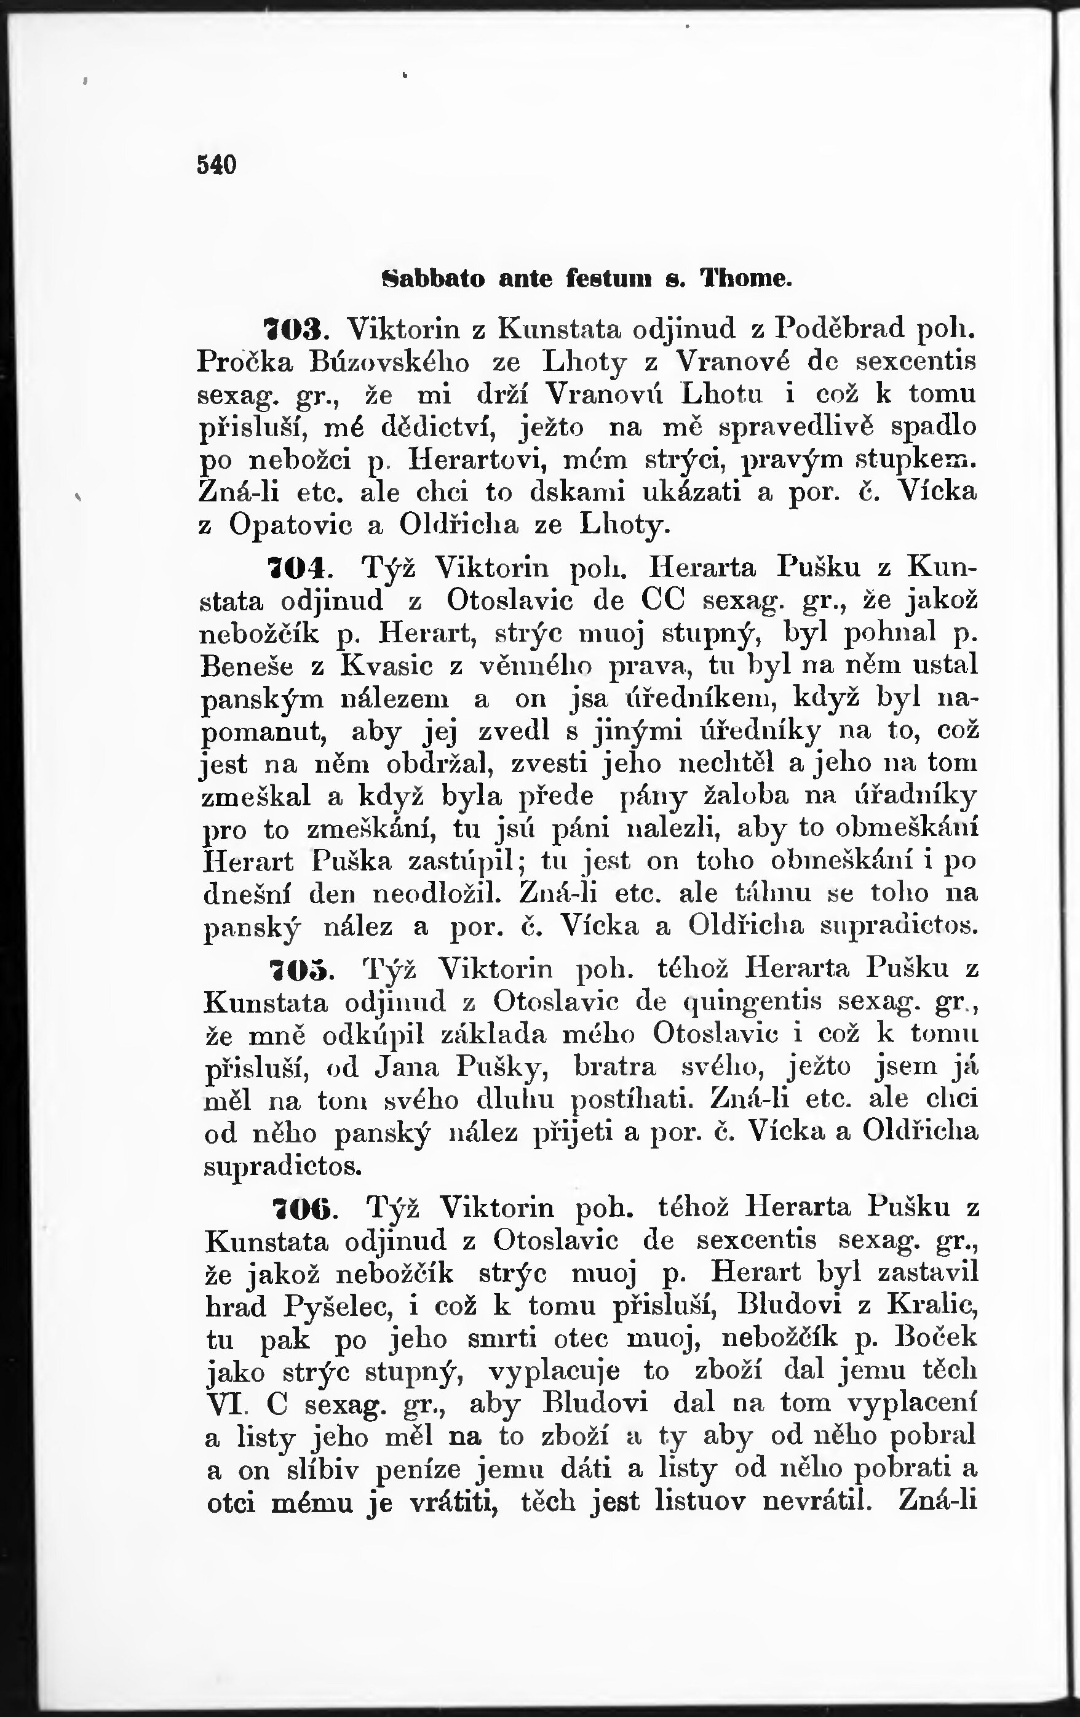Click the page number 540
(x=215, y=165)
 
